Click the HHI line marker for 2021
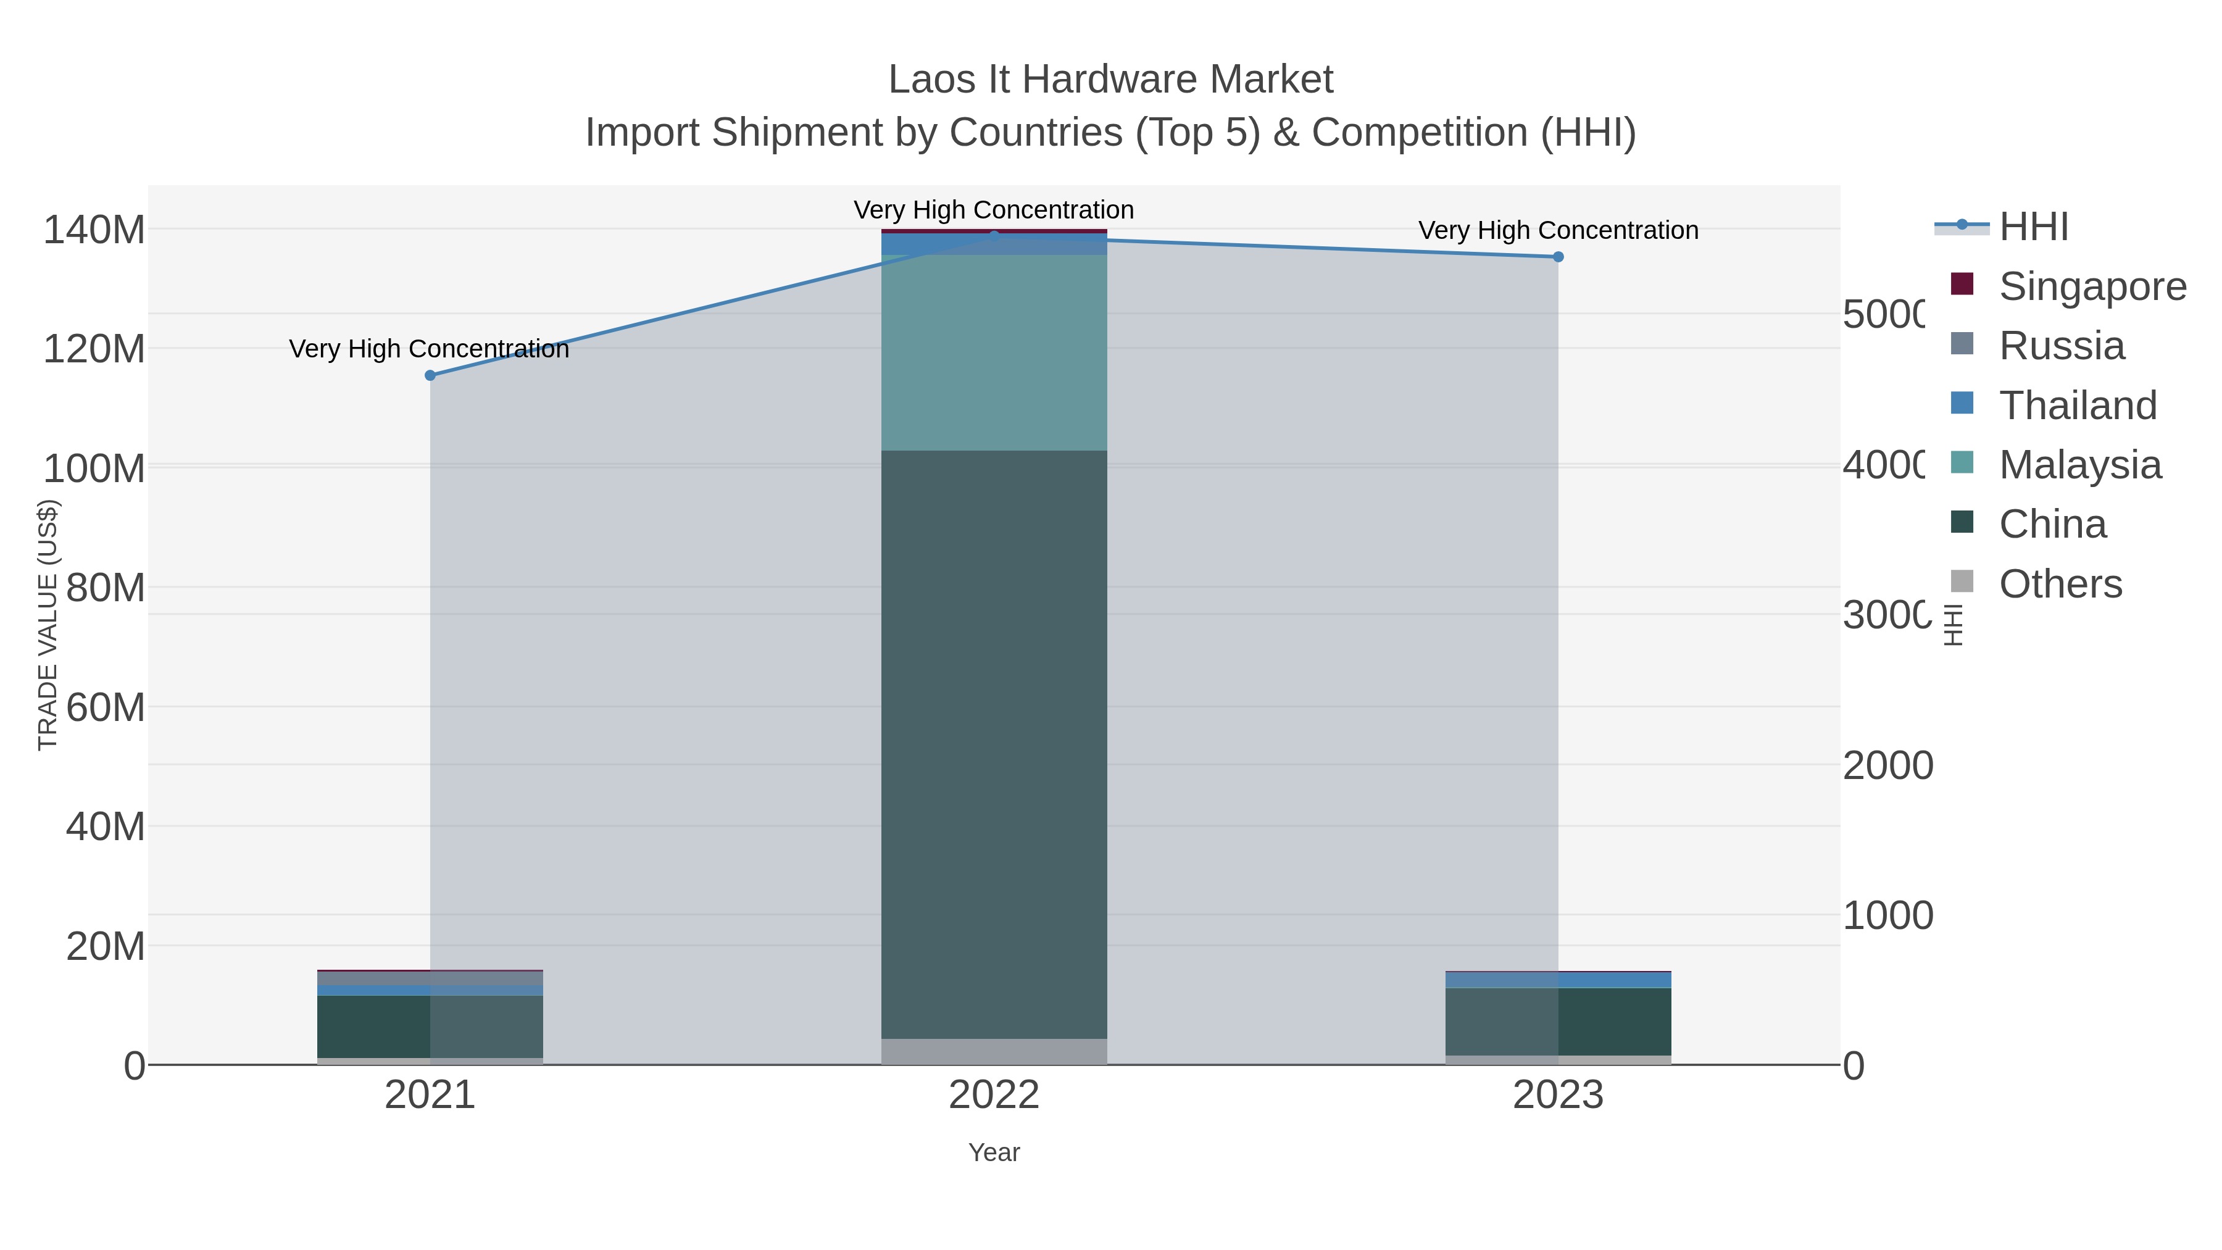click(x=430, y=375)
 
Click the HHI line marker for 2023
click(x=1558, y=257)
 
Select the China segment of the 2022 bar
click(x=994, y=742)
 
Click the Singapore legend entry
click(x=2092, y=286)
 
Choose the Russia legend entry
click(x=2062, y=346)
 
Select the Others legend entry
click(x=2060, y=584)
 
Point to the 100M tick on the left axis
click(x=94, y=469)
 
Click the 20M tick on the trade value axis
click(x=105, y=946)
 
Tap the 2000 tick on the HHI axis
click(x=1887, y=766)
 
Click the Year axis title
click(x=994, y=1152)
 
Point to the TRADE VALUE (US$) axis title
click(x=48, y=625)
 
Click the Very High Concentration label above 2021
click(x=429, y=349)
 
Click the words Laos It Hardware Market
click(x=1110, y=80)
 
